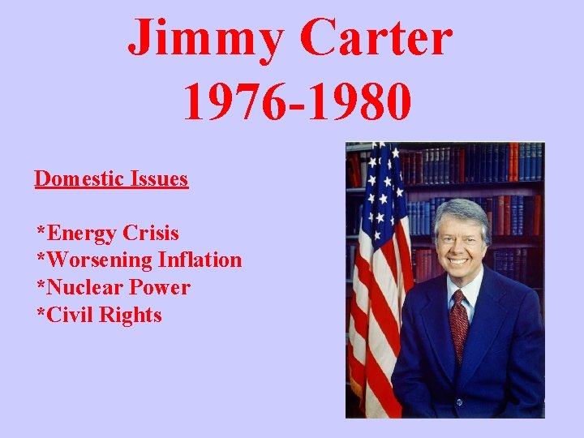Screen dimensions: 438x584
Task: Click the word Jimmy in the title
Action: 208,38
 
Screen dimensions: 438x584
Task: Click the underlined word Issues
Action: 159,178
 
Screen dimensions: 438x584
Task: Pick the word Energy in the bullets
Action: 82,234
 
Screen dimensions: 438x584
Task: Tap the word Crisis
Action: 151,233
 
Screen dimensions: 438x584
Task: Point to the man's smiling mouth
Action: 459,260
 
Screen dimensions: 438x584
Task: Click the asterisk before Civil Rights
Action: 40,312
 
